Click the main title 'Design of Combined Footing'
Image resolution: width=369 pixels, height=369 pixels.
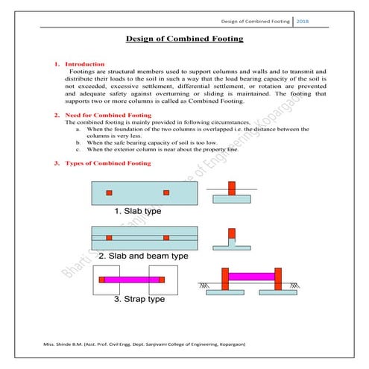tap(183, 39)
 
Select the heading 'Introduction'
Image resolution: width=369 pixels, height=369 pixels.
tap(85, 64)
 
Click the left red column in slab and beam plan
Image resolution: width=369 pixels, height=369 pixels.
tap(109, 237)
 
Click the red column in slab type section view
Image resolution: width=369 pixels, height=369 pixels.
tap(231, 191)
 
